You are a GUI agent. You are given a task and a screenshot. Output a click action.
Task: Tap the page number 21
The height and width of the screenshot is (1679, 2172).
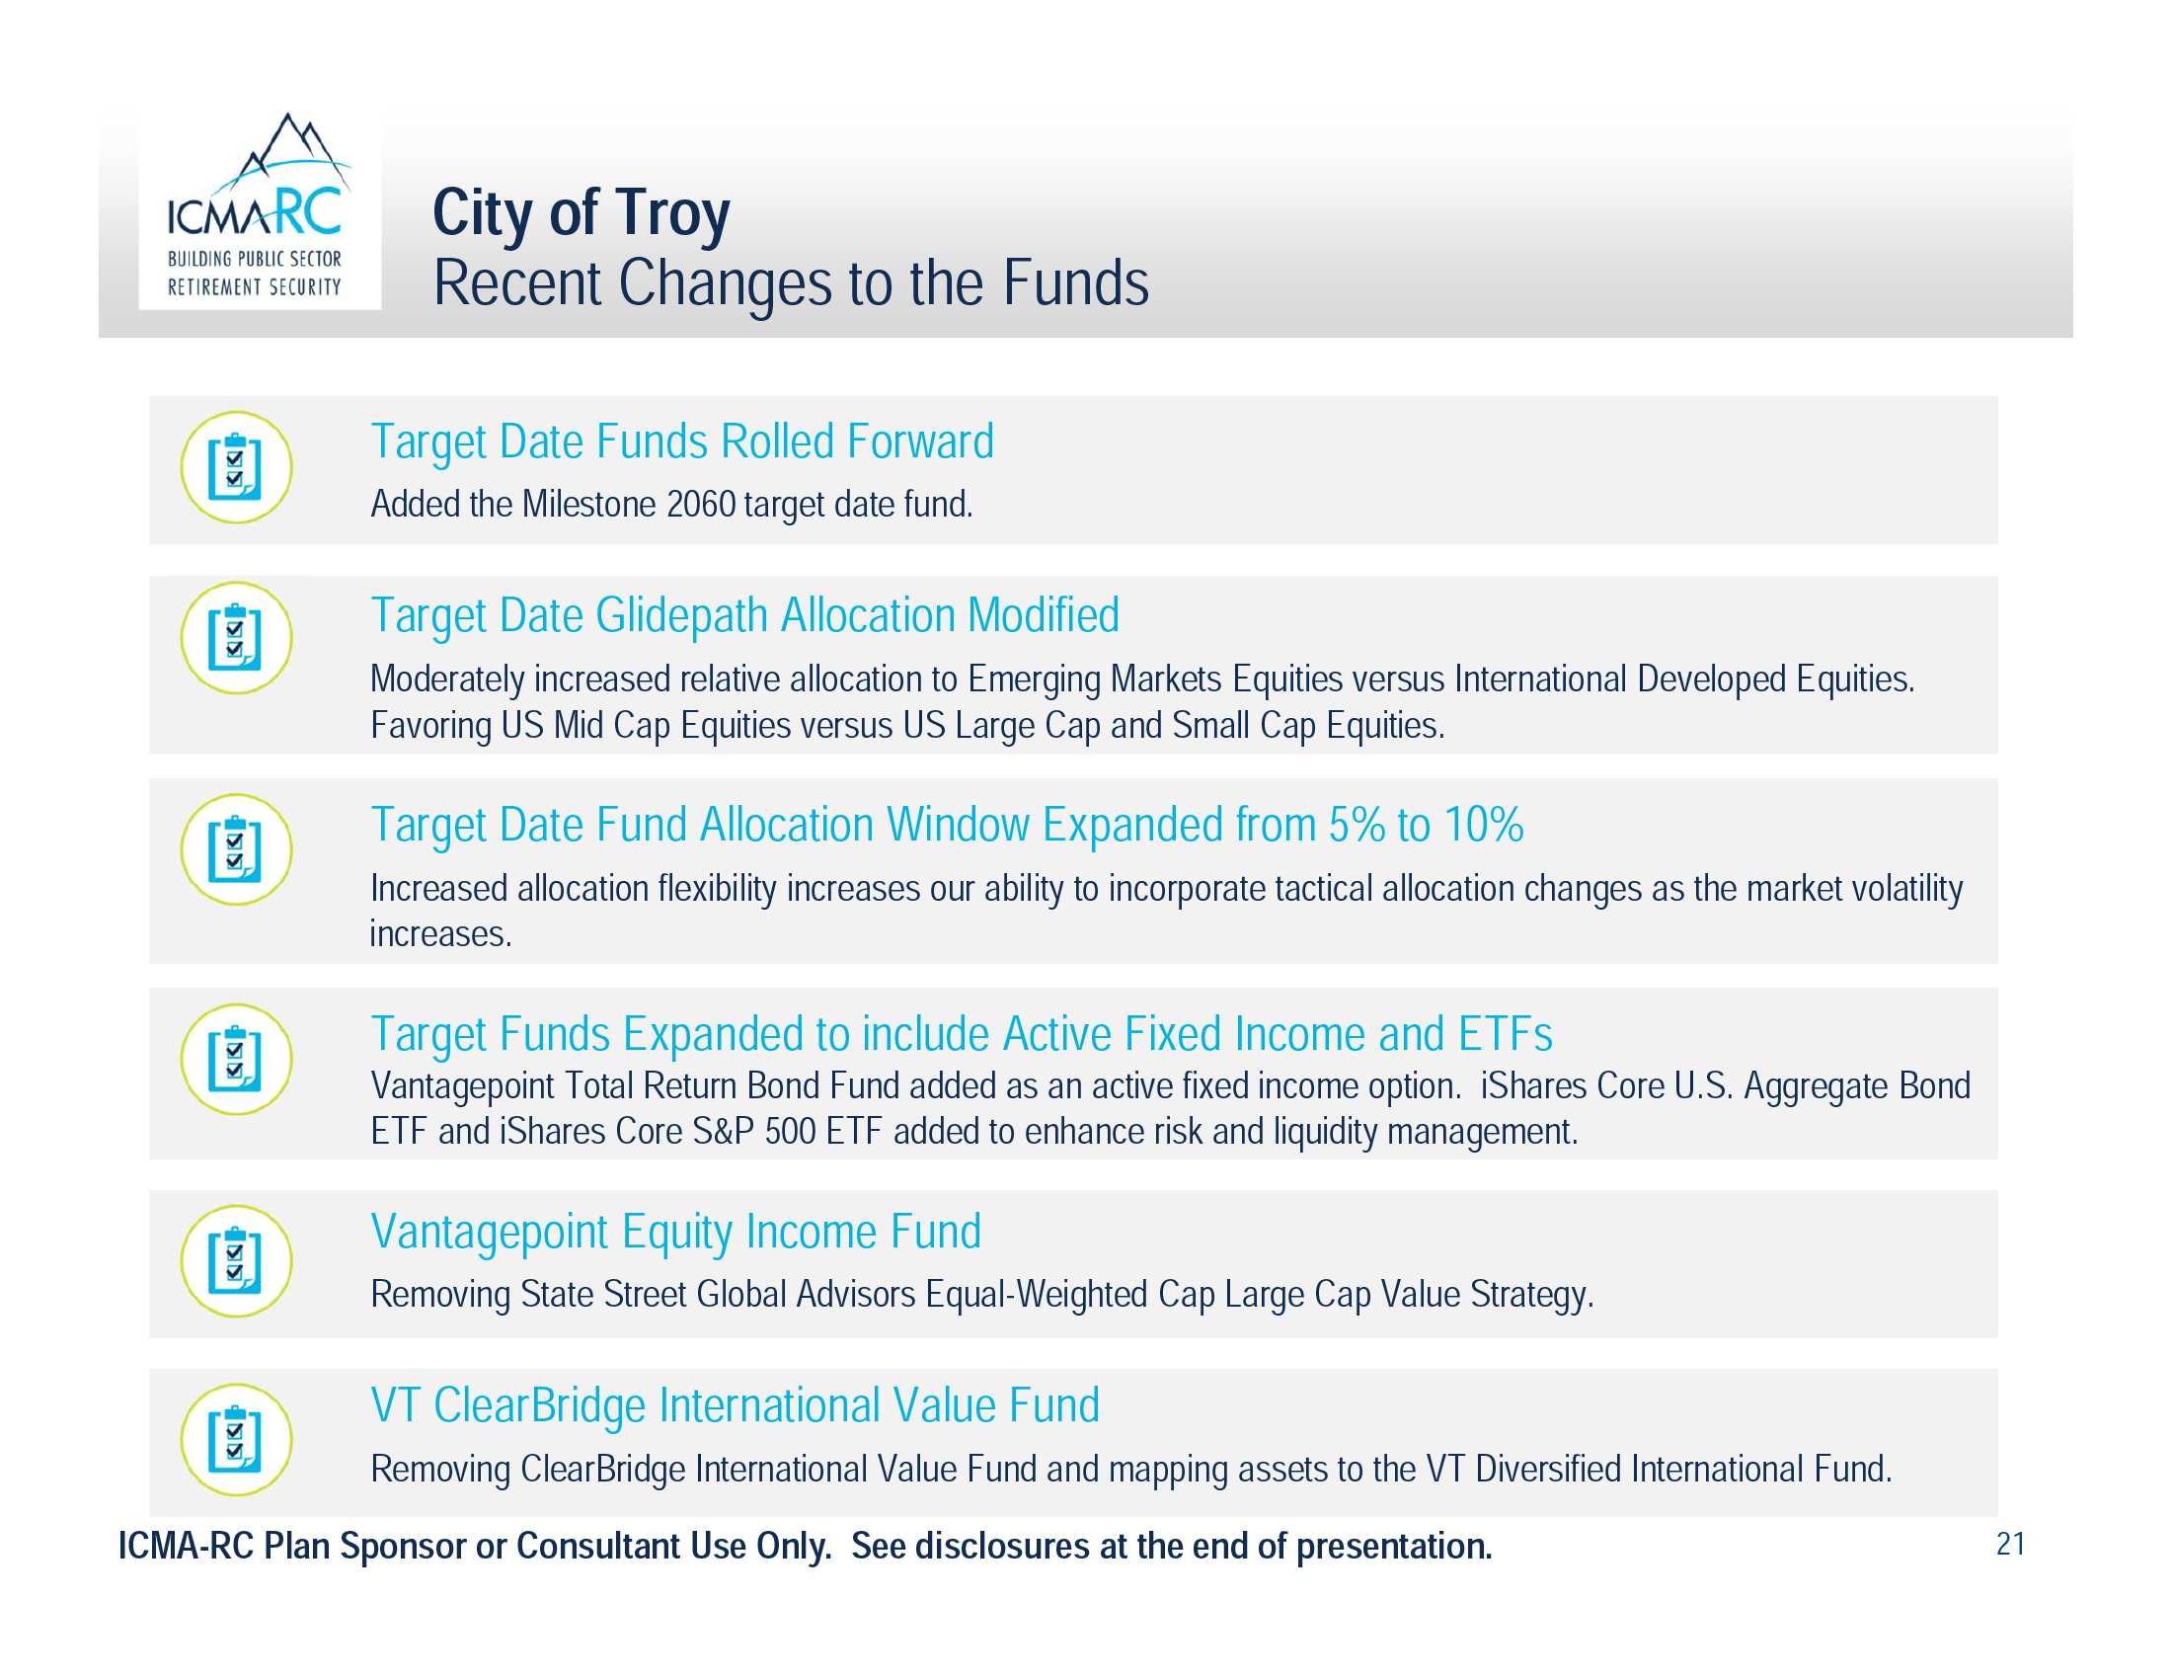tap(2010, 1544)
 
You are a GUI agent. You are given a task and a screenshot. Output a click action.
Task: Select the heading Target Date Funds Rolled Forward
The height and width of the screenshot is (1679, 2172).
tap(682, 441)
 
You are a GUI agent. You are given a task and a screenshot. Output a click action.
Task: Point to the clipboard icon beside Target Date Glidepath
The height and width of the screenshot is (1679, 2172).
tap(237, 638)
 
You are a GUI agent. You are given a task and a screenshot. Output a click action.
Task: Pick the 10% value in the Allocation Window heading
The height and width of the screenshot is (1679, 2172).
tap(1483, 825)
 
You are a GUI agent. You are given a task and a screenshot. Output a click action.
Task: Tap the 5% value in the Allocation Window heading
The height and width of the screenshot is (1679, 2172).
tap(1357, 825)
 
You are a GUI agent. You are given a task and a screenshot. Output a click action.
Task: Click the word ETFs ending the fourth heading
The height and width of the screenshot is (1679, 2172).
tap(1505, 1034)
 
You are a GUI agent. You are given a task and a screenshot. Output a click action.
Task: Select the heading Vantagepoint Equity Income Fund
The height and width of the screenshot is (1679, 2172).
tap(676, 1233)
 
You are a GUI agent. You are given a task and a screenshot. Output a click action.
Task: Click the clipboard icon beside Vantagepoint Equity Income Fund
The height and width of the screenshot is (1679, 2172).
tap(237, 1261)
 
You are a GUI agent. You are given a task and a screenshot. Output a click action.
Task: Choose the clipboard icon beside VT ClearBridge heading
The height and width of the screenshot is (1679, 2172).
tap(237, 1439)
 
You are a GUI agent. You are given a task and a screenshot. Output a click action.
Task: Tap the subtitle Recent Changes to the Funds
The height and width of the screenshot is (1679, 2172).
tap(791, 283)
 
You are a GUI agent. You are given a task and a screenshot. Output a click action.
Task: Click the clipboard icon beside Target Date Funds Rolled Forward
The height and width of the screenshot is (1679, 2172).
tap(237, 467)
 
